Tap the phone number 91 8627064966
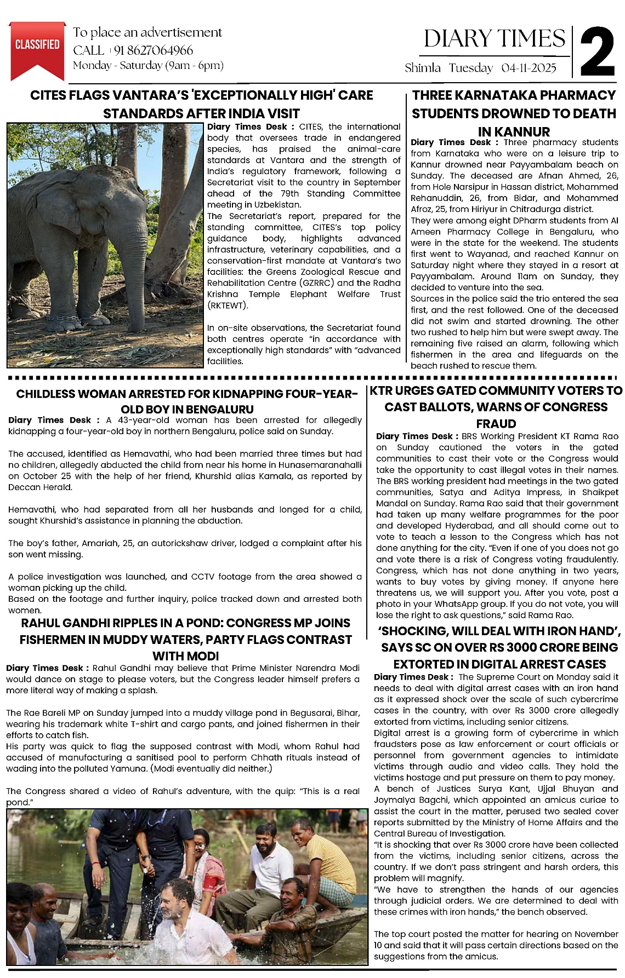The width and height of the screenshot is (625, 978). point(154,50)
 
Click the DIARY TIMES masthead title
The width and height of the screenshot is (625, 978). point(495,39)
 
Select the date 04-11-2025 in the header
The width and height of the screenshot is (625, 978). point(529,68)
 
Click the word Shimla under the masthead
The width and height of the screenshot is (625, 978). point(423,68)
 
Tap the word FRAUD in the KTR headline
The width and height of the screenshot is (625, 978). point(496,424)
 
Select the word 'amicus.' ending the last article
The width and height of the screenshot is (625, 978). point(481,957)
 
